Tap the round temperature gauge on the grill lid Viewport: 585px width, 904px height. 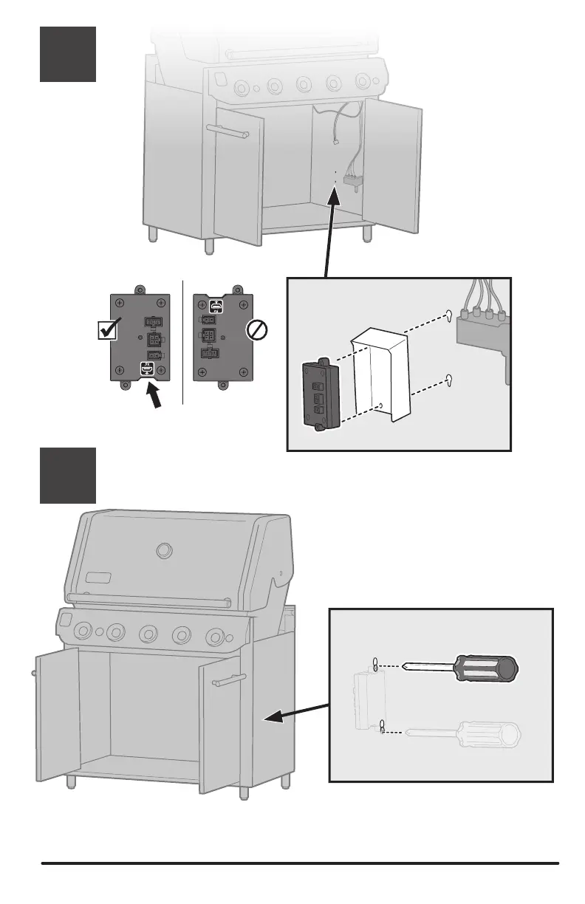tap(165, 551)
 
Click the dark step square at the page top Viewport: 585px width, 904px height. tap(67, 54)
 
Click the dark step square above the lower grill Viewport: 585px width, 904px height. tap(67, 476)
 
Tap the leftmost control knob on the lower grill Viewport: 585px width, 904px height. tap(83, 631)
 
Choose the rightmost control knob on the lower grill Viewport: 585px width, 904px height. tap(216, 637)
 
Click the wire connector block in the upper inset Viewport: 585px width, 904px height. tap(480, 329)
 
